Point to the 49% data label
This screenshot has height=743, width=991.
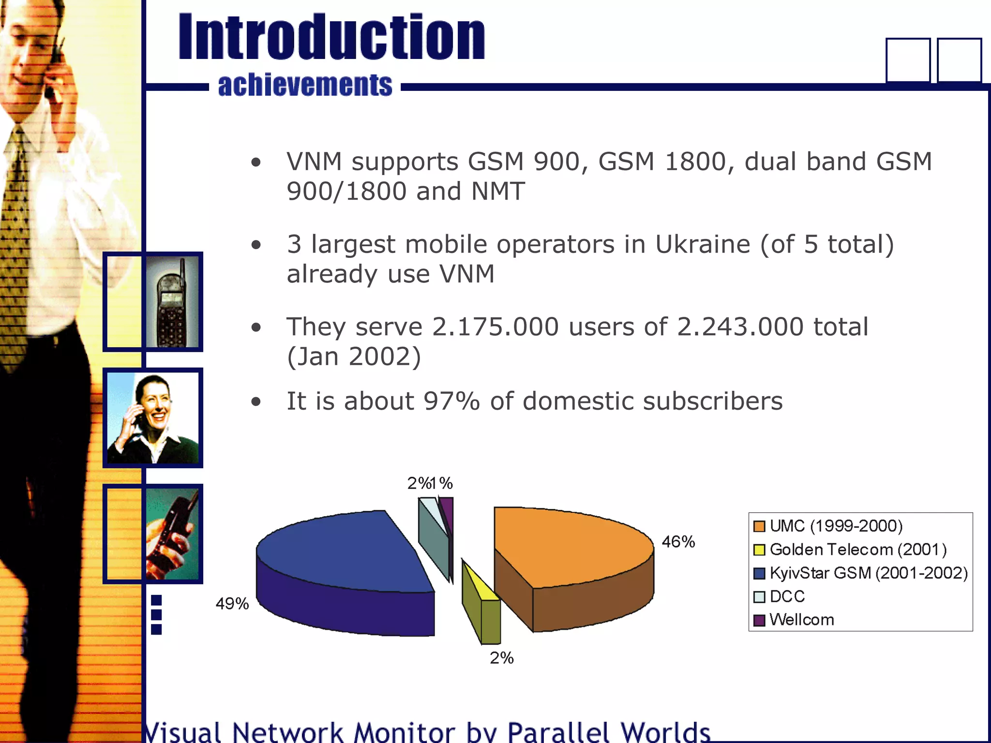[232, 604]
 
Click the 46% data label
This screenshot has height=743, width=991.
[678, 542]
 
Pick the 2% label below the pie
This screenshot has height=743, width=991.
[501, 658]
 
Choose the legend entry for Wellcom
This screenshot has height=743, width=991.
[801, 620]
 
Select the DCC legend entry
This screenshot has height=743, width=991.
[787, 596]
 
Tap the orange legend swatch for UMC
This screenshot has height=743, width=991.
[759, 526]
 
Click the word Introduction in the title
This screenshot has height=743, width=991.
[331, 38]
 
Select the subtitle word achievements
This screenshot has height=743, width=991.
[305, 85]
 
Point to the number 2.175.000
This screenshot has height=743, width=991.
[495, 327]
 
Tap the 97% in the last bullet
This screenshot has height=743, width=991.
[451, 401]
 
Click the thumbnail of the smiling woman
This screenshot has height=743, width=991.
[153, 418]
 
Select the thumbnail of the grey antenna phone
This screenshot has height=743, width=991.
[172, 302]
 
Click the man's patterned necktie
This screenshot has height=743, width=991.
[15, 242]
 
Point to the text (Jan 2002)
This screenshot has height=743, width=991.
[354, 357]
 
